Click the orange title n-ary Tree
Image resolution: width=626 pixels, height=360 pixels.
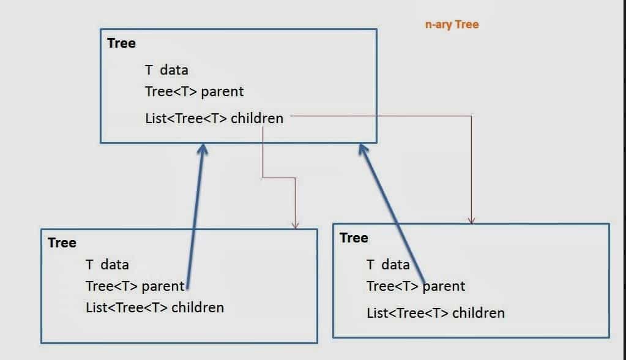452,25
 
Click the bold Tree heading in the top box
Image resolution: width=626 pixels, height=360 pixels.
121,43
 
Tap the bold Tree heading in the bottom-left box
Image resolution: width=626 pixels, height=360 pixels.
62,243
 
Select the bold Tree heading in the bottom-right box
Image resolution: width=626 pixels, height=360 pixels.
354,238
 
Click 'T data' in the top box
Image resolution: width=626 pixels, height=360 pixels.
166,70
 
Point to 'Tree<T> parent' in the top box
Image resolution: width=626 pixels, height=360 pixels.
194,91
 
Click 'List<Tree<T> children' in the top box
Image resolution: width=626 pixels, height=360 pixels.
214,118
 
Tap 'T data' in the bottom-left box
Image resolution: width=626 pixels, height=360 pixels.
107,264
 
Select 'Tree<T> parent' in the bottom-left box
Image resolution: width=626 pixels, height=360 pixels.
135,285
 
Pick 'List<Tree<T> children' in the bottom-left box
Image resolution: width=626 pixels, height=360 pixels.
155,307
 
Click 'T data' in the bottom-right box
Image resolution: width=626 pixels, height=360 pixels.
388,264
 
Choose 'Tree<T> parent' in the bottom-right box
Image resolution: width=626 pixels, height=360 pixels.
415,286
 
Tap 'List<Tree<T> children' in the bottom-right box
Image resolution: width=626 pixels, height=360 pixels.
436,313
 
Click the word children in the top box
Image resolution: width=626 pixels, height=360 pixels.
257,118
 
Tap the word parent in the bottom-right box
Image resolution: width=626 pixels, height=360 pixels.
444,286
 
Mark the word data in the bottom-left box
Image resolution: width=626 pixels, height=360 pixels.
114,264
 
